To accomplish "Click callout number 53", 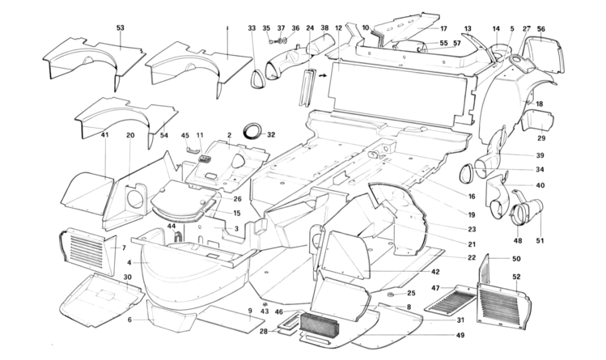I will tap(121, 29).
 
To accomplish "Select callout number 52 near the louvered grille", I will tap(515, 277).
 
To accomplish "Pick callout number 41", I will tap(105, 135).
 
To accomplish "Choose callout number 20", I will tap(129, 135).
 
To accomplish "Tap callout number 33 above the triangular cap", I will tap(252, 28).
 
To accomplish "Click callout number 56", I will tap(541, 29).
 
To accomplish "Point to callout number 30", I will tap(128, 277).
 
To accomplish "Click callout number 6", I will tap(129, 320).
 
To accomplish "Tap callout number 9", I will tap(250, 311).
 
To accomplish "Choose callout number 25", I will tap(411, 293).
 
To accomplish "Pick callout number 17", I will tap(443, 28).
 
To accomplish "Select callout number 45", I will tap(184, 135).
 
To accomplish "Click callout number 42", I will tap(435, 272).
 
